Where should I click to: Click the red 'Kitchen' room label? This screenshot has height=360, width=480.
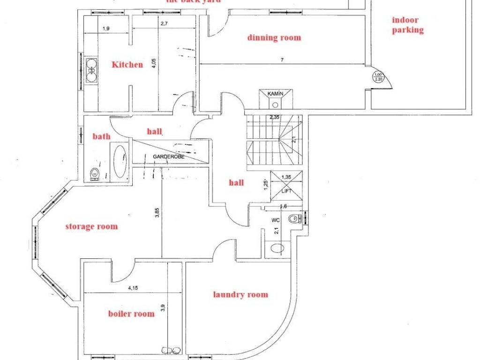pos(127,65)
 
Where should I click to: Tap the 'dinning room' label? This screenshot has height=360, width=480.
pos(274,37)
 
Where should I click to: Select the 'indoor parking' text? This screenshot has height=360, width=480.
pos(407,25)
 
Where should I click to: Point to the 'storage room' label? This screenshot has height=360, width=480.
pos(91,226)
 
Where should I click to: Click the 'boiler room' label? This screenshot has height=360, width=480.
pos(131,314)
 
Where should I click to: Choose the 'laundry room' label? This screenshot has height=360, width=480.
pos(240,294)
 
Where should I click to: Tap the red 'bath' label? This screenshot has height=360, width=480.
pos(101,136)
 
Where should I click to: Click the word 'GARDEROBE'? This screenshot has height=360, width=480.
pos(168,157)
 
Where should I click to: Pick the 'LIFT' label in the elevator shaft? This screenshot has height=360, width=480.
pos(286,191)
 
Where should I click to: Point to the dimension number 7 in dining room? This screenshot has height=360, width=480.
pos(282,60)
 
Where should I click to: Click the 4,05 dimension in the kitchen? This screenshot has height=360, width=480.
pos(154,64)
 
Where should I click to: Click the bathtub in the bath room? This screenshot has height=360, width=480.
pos(120,162)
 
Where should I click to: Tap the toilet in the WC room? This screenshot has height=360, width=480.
pos(294,218)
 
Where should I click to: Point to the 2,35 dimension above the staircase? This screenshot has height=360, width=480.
pos(275,117)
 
